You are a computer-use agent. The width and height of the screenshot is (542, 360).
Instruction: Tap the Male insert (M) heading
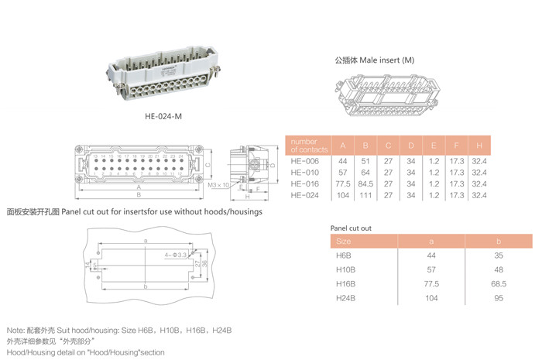[375, 59]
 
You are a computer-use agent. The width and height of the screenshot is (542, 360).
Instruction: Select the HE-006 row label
[304, 160]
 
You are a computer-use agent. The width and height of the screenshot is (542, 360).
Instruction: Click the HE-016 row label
[304, 183]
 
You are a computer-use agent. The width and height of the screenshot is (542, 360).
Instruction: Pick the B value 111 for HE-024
[365, 195]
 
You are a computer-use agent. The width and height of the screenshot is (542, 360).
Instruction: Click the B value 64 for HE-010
[365, 172]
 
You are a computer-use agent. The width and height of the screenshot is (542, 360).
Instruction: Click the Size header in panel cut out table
[345, 242]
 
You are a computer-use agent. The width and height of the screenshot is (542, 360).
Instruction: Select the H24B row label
[345, 297]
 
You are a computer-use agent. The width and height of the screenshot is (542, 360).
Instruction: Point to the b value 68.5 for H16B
[499, 283]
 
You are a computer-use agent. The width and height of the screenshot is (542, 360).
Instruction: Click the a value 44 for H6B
[431, 255]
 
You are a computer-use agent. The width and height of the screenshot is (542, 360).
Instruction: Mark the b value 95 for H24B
[499, 297]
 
